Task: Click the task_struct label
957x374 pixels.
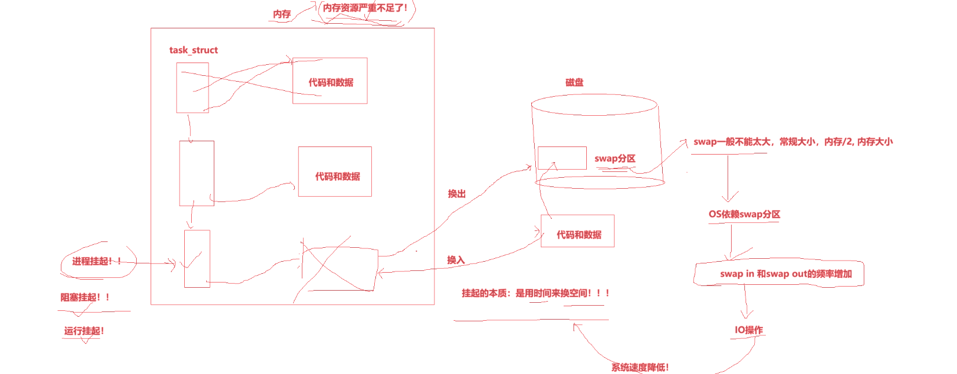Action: pos(193,50)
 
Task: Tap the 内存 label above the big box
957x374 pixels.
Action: pos(282,14)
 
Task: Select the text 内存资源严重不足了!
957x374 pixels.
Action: pos(366,8)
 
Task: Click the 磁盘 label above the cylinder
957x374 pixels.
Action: pos(575,83)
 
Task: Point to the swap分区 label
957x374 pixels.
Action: pos(615,159)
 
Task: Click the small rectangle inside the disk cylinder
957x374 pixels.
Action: pos(562,158)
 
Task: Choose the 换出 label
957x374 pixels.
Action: pos(456,194)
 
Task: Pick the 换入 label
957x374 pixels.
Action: pos(456,260)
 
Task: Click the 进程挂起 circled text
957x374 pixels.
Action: pos(97,262)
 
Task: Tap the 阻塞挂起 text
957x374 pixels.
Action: pos(85,298)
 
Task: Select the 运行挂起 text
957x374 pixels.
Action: pos(84,331)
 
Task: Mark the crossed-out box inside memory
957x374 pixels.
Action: pos(340,268)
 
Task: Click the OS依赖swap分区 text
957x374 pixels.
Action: pos(744,214)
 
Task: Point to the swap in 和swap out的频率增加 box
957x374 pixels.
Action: pos(779,274)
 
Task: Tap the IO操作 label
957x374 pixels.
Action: pos(749,330)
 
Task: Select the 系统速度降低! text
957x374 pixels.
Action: pos(640,368)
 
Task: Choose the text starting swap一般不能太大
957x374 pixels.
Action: pos(793,142)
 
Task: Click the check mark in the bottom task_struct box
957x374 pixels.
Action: pos(192,261)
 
